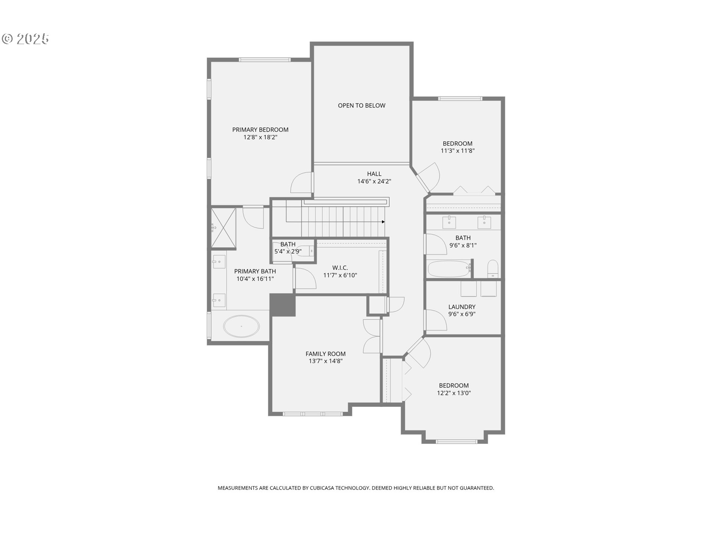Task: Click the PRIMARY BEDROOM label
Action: coord(260,130)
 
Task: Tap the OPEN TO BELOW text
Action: coord(362,106)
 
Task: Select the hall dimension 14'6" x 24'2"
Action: coord(374,181)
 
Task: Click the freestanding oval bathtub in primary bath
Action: coord(241,326)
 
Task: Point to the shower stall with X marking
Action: coord(224,227)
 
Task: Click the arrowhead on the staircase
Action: coord(383,222)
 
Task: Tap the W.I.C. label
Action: coord(340,268)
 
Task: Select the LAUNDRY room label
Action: coord(462,307)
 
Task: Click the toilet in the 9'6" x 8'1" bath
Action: coord(492,268)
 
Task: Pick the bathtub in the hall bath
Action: coord(449,269)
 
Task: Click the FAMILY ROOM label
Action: coord(326,354)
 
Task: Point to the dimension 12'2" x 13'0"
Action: coord(454,393)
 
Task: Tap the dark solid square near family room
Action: coord(283,305)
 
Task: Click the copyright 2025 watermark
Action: coord(25,39)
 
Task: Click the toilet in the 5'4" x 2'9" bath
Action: coord(306,251)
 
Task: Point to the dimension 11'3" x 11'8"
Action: coord(458,151)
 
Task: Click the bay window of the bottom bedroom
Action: coord(456,441)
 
